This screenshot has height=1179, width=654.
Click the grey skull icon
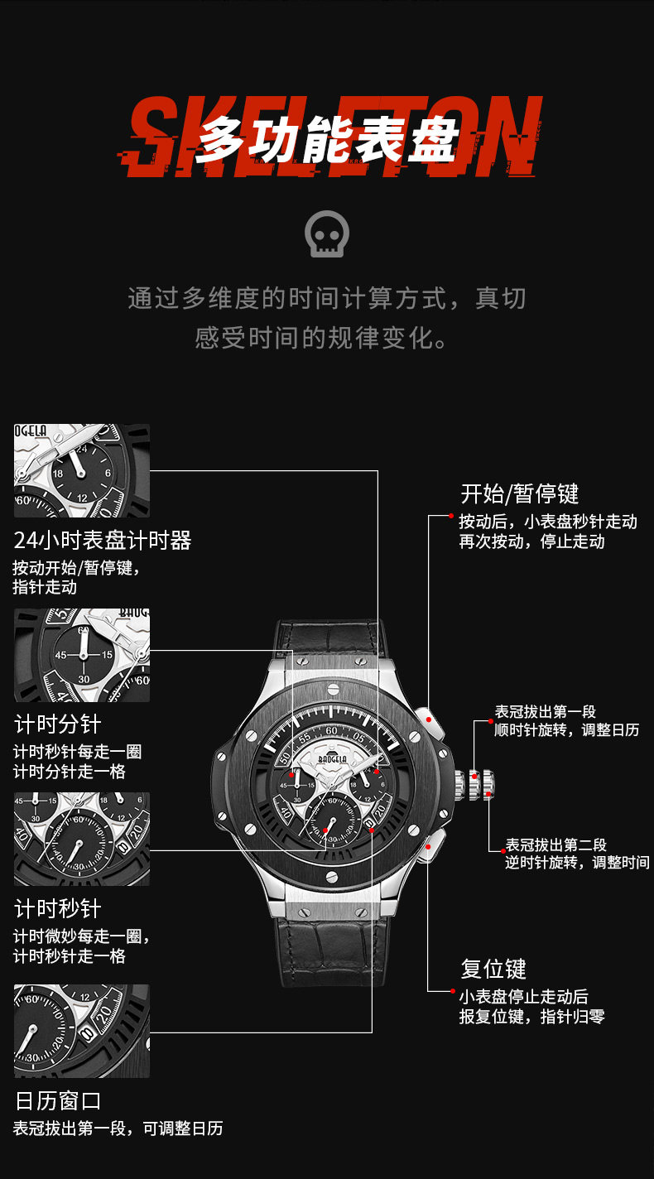326,235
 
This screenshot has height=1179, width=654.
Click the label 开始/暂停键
519,494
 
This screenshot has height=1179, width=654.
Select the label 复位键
493,969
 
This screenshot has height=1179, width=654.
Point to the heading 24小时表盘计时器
103,541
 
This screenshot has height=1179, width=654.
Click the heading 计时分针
57,724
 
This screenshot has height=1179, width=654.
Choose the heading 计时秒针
57,908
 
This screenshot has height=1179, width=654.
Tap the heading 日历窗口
57,1101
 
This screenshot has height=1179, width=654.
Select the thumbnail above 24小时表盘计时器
82,471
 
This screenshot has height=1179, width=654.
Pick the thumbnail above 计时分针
82,655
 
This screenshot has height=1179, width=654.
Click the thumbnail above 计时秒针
82,839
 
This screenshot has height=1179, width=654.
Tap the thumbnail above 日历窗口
82,1031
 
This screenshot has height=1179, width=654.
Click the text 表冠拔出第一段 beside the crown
545,712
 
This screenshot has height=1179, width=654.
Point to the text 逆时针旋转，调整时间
577,863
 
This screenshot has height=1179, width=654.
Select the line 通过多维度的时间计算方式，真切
326,298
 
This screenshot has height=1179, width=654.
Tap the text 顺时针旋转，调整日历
566,730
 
